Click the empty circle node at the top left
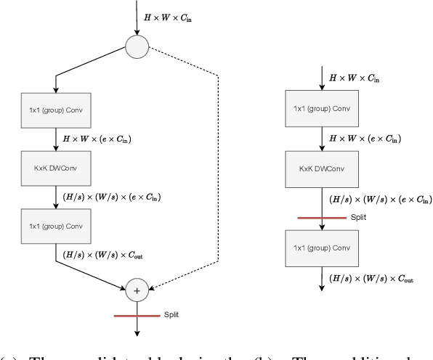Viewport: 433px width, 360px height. point(137,49)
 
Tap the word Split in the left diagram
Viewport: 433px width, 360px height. point(170,315)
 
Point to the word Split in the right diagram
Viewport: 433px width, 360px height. point(359,216)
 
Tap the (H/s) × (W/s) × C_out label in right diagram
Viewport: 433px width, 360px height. point(371,279)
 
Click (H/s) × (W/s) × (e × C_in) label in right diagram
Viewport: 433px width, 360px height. point(380,199)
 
